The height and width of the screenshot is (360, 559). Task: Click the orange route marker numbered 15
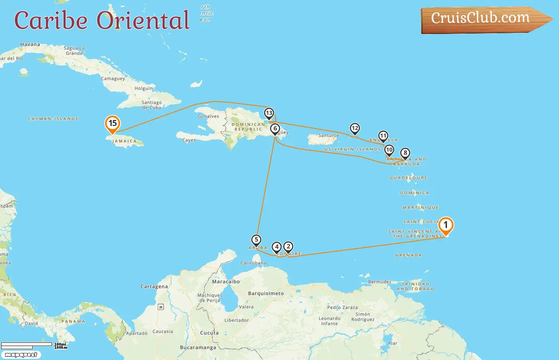click(113, 124)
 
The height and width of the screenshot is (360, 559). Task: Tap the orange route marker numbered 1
click(446, 225)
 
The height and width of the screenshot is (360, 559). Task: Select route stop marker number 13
click(269, 113)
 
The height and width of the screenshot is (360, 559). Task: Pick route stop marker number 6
click(275, 129)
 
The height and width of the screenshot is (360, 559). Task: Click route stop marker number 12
click(355, 128)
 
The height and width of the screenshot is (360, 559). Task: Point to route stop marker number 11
click(383, 136)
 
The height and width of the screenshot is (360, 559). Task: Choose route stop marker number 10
click(389, 150)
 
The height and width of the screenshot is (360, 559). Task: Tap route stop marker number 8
click(405, 153)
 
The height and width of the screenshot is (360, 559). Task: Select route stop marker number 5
click(256, 240)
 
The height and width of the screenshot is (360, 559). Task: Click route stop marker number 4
click(277, 247)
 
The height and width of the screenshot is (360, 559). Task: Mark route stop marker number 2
click(288, 247)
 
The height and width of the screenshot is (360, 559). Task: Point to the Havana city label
click(30, 44)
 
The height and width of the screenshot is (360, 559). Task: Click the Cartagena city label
click(154, 286)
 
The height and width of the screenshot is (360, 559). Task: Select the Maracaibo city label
click(226, 282)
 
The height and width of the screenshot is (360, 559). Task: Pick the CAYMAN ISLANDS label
click(53, 119)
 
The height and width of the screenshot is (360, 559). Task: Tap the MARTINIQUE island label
click(420, 208)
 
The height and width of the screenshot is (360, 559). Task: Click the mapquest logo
click(21, 355)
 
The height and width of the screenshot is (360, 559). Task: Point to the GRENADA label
click(408, 255)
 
